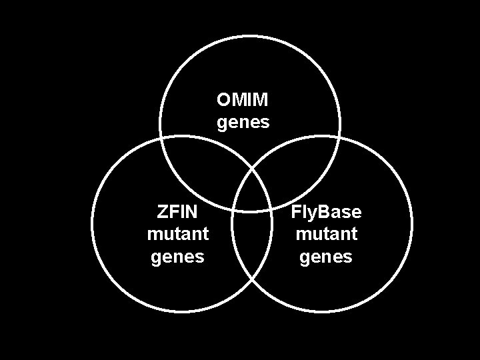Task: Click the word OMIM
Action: point(243,100)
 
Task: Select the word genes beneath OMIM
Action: point(243,123)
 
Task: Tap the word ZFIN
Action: point(177,212)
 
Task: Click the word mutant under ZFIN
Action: point(177,234)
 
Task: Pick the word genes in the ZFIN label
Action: point(177,257)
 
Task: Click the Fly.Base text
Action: point(326,212)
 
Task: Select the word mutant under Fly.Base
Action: point(326,234)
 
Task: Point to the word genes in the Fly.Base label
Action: point(326,257)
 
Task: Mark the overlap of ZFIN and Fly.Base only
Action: point(251,253)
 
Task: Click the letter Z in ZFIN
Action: point(162,212)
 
